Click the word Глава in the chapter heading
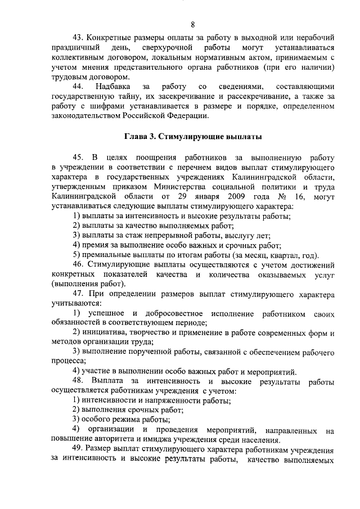(x=136, y=137)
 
